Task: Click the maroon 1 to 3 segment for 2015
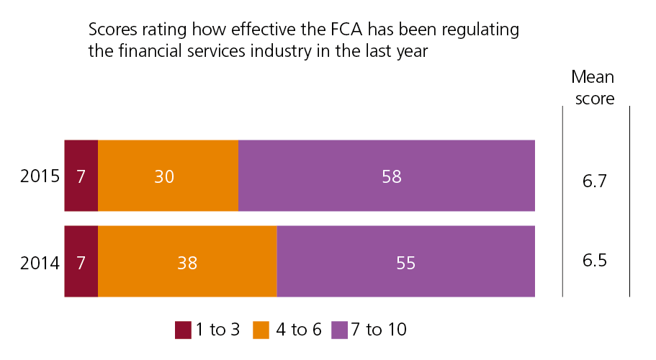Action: tap(81, 176)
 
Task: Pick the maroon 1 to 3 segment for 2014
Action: tap(81, 261)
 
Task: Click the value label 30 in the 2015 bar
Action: tap(165, 176)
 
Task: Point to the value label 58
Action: tap(391, 176)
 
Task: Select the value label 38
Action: tap(187, 263)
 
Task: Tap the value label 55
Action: tap(406, 263)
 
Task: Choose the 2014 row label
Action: tap(40, 263)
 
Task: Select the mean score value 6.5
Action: tap(596, 259)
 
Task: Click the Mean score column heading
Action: tap(593, 88)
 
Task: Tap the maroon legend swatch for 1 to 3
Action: tap(183, 330)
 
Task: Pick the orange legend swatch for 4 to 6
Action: tap(261, 330)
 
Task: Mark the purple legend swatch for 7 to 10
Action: tap(340, 330)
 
